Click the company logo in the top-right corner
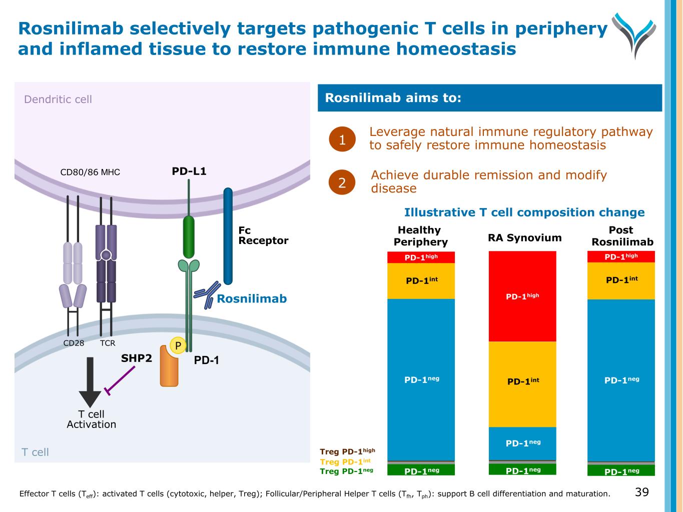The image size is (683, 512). (x=633, y=34)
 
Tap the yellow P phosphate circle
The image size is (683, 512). (x=178, y=345)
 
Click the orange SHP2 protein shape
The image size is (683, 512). (x=169, y=367)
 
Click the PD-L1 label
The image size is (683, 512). (x=189, y=171)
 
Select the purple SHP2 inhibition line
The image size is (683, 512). (x=121, y=381)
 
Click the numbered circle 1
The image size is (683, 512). (x=342, y=139)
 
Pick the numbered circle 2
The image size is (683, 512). (x=342, y=182)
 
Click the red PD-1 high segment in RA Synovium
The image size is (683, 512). (x=522, y=296)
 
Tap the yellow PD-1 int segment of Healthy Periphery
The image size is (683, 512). (x=421, y=281)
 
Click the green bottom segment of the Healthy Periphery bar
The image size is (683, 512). (x=421, y=470)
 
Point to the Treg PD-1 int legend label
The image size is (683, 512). (x=345, y=462)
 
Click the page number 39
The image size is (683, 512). (x=642, y=492)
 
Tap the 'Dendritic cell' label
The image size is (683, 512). (x=58, y=99)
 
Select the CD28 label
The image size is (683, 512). (x=74, y=343)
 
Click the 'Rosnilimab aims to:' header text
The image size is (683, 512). (x=393, y=98)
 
